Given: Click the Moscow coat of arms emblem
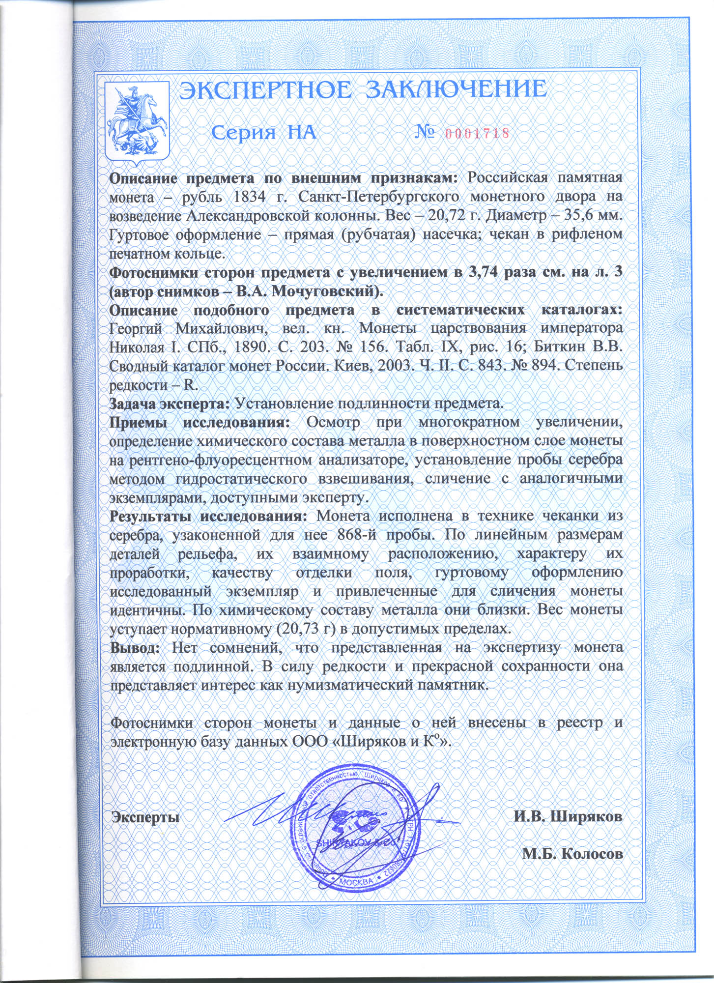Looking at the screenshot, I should tap(138, 123).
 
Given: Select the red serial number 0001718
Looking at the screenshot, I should tap(476, 133).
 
